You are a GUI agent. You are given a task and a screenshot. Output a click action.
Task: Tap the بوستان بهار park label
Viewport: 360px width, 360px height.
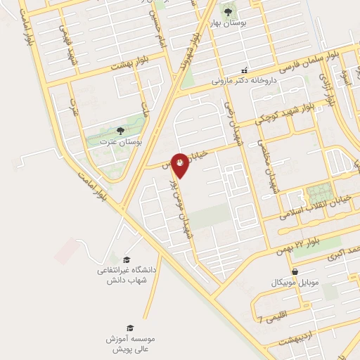click(229, 22)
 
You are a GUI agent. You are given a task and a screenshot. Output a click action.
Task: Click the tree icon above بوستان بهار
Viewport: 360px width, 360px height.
click(229, 11)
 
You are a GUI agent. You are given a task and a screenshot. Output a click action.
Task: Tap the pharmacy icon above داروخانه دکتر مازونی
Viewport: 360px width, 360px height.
click(244, 70)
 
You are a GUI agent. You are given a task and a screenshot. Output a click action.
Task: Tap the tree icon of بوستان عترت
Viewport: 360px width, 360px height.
click(120, 131)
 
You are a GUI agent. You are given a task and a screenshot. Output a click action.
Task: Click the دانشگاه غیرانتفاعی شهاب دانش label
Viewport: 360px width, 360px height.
click(127, 275)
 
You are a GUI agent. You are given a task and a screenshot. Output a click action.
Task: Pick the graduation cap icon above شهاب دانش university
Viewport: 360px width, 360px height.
click(127, 259)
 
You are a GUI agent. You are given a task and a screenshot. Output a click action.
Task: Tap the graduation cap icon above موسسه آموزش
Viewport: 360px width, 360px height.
click(129, 328)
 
